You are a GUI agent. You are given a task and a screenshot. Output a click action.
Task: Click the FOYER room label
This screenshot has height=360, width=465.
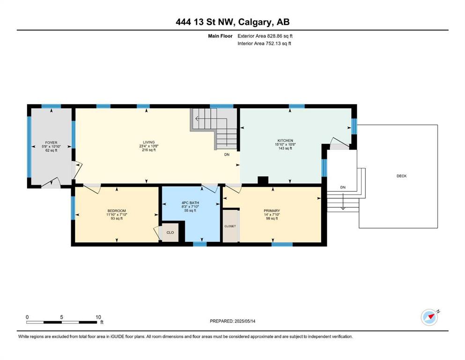click(52, 143)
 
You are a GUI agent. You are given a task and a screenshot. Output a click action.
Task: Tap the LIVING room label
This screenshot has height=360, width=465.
click(149, 142)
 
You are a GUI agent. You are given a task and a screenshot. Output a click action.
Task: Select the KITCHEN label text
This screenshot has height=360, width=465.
click(285, 141)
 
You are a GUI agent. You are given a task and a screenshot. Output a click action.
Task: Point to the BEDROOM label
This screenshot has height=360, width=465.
click(117, 211)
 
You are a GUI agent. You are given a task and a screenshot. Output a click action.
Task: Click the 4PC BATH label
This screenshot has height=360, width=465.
click(191, 203)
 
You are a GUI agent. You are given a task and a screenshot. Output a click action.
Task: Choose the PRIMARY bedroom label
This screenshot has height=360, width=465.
click(272, 211)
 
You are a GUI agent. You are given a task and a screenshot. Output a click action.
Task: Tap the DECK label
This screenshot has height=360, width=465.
click(401, 176)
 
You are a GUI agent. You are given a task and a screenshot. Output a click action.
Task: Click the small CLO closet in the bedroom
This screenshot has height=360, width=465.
click(170, 232)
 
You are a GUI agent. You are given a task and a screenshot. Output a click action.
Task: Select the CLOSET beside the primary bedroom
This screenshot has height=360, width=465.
click(231, 226)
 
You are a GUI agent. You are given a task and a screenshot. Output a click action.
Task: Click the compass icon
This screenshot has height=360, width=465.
click(429, 317)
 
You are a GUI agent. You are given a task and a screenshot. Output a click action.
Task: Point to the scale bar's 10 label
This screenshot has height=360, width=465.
click(98, 317)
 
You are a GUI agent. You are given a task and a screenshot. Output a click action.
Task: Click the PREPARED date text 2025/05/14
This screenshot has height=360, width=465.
click(245, 321)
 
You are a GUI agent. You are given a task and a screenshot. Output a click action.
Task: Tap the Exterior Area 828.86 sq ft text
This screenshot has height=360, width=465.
click(265, 36)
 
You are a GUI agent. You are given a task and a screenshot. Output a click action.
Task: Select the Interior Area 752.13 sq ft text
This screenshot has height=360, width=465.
click(264, 43)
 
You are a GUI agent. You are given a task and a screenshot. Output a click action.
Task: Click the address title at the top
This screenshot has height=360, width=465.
click(232, 22)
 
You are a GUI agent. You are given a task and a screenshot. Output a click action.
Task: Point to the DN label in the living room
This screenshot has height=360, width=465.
click(227, 155)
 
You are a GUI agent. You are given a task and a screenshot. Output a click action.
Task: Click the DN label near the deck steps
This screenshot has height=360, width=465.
click(343, 187)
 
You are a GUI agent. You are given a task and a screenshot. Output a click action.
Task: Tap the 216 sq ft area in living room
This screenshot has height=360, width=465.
click(149, 150)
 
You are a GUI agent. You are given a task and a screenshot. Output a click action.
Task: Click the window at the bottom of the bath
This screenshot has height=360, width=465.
click(199, 244)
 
